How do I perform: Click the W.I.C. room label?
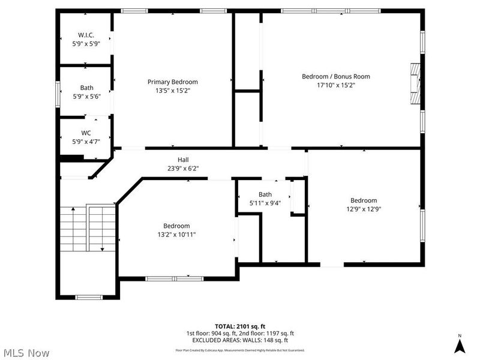[x=86, y=35]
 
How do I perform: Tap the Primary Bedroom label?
[x=173, y=82]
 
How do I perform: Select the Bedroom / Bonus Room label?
[x=335, y=76]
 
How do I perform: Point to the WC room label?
[x=86, y=133]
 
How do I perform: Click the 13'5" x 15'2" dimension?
[x=173, y=91]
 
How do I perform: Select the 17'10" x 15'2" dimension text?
[x=335, y=85]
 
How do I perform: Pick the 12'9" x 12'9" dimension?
[x=364, y=209]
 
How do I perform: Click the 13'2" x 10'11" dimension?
[x=176, y=235]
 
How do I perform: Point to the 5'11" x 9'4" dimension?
[x=265, y=203]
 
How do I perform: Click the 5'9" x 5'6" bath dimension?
[x=86, y=97]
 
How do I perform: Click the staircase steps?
[x=88, y=228]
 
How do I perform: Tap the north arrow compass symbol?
[x=460, y=345]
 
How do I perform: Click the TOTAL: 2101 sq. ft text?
[x=240, y=326]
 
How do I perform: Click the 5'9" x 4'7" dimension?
[x=86, y=142]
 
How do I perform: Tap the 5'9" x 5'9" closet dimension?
[x=86, y=44]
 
